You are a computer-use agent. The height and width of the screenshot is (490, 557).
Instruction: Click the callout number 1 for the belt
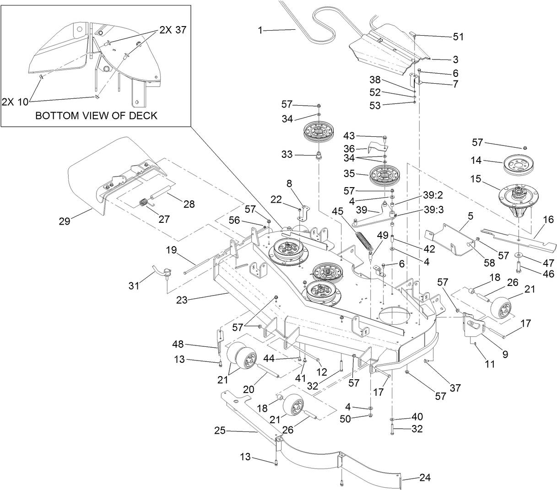(260, 30)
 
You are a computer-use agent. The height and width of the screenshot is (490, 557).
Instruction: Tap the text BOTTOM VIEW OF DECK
(96, 115)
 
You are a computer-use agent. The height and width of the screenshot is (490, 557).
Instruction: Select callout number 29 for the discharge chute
(64, 221)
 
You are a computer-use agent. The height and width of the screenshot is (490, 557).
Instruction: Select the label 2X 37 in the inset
(173, 30)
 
